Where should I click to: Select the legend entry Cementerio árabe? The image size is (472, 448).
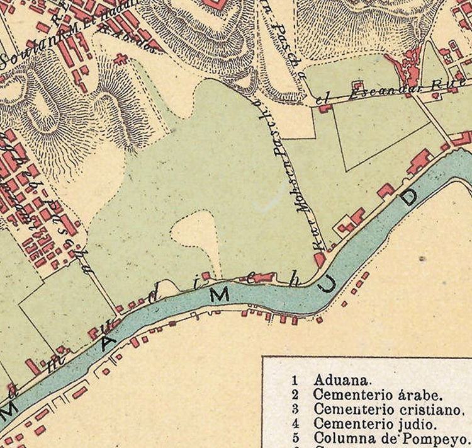point(378,395)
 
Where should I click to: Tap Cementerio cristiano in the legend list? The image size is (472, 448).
point(388,410)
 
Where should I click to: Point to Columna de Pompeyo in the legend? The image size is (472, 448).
point(391,439)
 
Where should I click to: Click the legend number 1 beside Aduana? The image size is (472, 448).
point(294,380)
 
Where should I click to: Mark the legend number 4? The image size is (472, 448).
point(294,423)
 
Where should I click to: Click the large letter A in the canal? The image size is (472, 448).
point(108,341)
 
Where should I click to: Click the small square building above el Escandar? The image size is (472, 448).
point(357,86)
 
